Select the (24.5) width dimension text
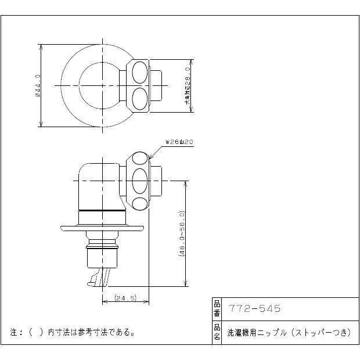coord(125,298)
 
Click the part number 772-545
coord(255,309)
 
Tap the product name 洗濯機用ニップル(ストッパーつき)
coord(287,332)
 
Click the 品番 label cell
coord(217,309)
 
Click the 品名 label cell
coord(217,332)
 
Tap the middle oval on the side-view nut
coord(140,181)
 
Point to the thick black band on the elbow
coord(102,209)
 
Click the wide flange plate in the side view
coord(102,228)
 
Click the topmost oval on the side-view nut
coord(140,159)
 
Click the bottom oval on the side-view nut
coord(140,203)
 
